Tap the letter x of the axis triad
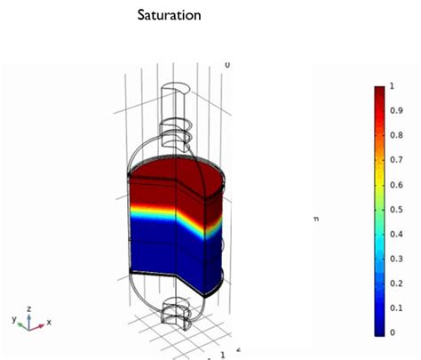(x=49, y=322)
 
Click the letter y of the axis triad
(x=13, y=316)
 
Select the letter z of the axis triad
(x=29, y=308)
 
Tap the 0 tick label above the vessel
(x=227, y=65)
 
